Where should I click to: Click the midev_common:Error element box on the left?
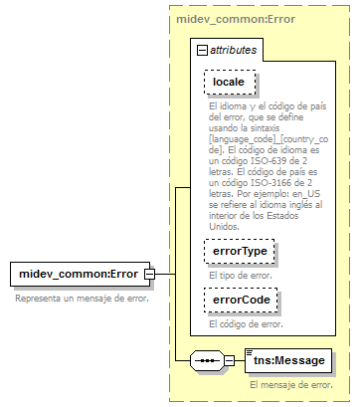(x=76, y=274)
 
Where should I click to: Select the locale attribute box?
(x=229, y=81)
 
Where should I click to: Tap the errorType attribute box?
(x=237, y=253)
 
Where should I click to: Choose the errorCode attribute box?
(x=238, y=300)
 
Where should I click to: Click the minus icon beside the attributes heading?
(x=201, y=48)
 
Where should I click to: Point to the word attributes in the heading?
(x=232, y=48)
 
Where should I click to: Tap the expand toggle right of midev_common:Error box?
(x=148, y=274)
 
